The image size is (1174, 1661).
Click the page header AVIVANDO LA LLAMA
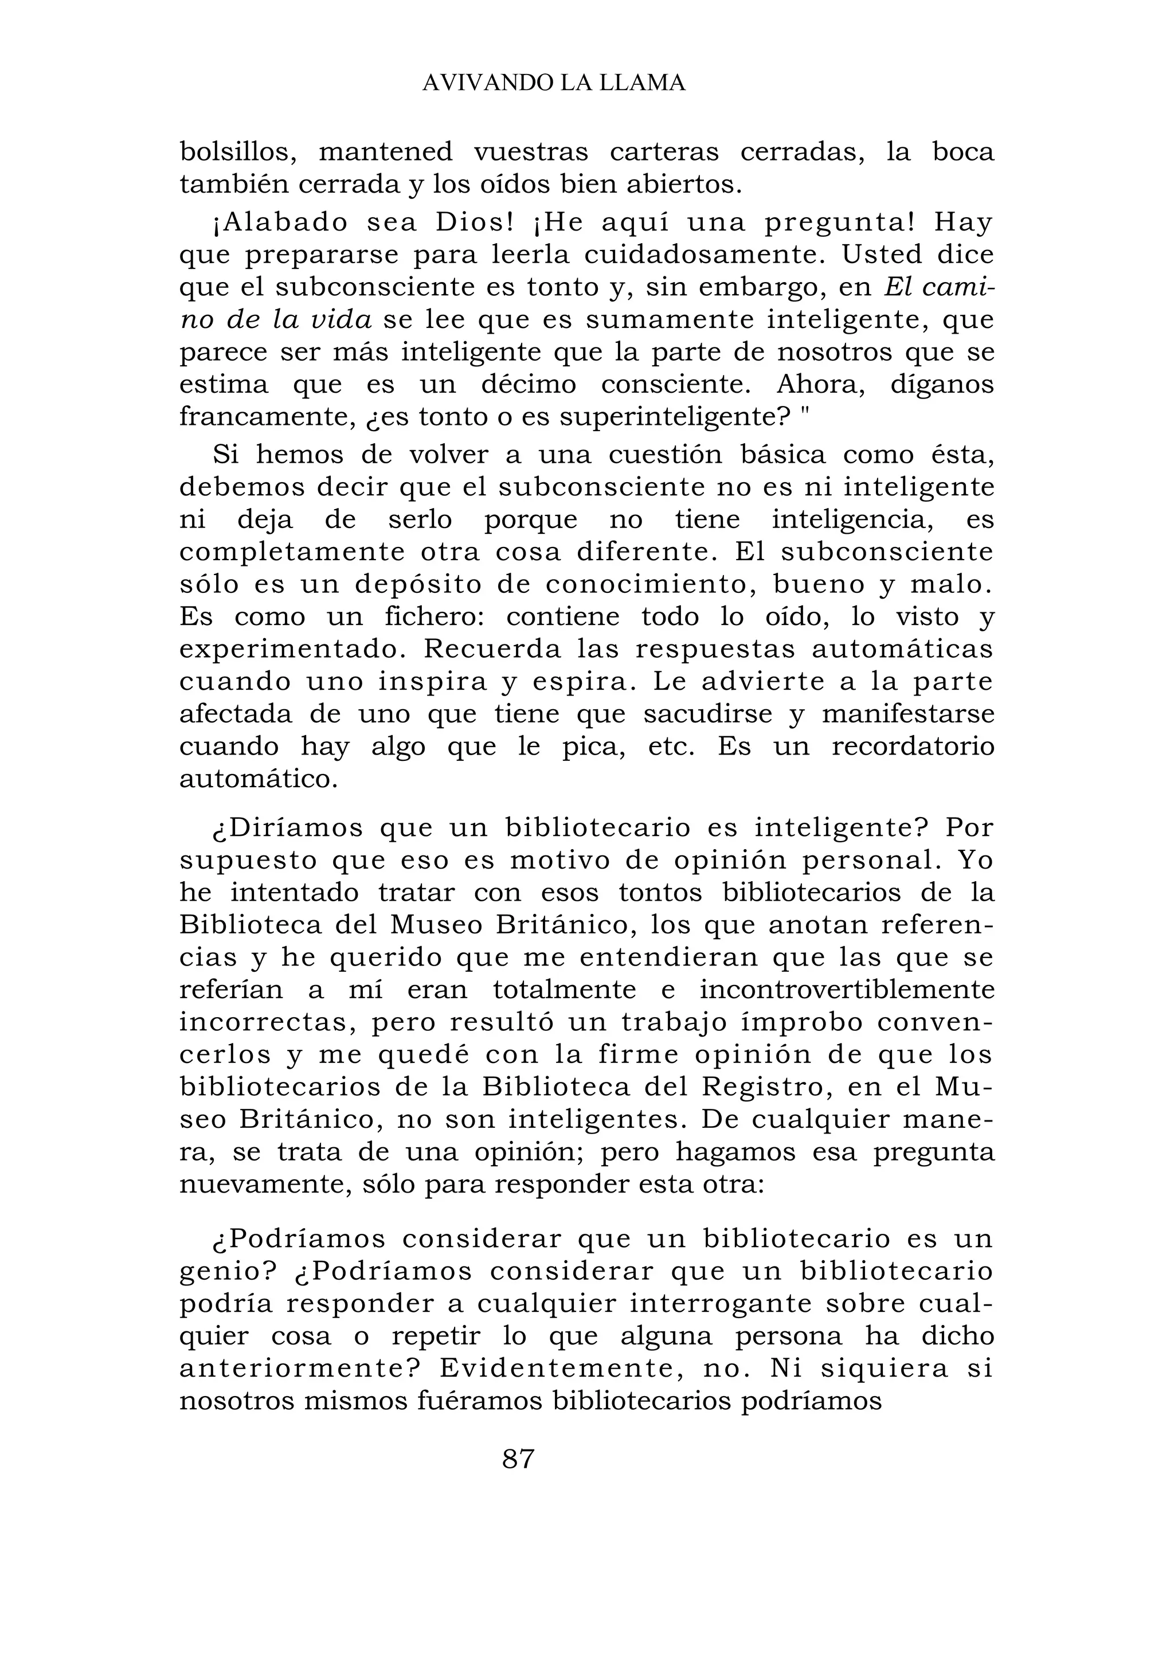pos(553,83)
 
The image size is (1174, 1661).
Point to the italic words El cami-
pos(939,287)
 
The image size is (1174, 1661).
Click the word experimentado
pos(293,649)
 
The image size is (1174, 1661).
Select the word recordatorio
pos(913,746)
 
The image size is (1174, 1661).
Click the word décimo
pos(529,384)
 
